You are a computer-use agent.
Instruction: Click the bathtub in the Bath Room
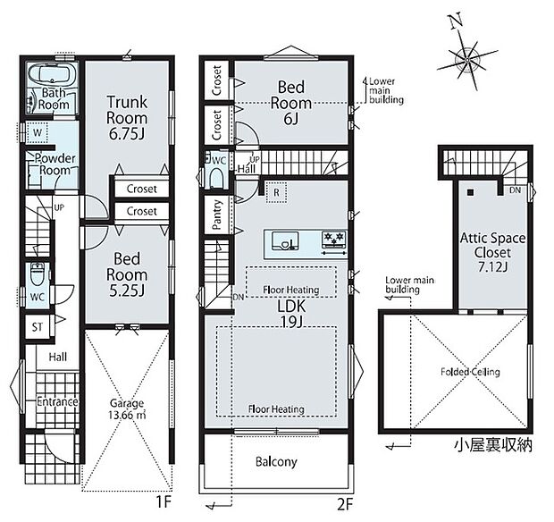(x=52, y=74)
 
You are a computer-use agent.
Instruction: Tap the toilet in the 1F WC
(x=37, y=274)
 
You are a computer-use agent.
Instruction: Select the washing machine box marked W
(x=38, y=133)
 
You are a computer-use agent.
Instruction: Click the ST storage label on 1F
(x=38, y=327)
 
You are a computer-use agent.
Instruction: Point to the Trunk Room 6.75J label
(x=127, y=118)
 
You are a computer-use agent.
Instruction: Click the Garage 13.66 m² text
(x=127, y=408)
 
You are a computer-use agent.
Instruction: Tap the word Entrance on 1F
(x=57, y=402)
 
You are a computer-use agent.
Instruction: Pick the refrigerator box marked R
(x=276, y=192)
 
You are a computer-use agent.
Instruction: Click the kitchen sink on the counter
(x=285, y=241)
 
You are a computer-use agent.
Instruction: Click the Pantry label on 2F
(x=217, y=215)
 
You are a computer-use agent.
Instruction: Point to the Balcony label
(x=276, y=461)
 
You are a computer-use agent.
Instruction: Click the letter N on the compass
(x=457, y=21)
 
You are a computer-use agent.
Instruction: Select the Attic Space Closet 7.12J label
(x=492, y=252)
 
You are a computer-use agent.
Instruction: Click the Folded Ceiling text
(x=470, y=372)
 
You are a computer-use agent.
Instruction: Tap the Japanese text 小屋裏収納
(x=493, y=445)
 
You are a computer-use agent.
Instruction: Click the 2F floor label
(x=345, y=505)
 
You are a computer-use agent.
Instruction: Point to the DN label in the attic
(x=516, y=190)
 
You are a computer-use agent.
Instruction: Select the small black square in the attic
(x=470, y=192)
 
